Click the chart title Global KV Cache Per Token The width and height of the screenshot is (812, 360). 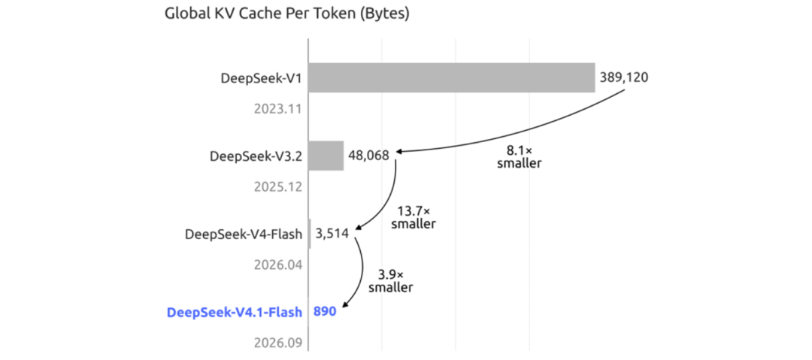(287, 14)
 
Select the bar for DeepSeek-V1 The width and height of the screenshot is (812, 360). (452, 77)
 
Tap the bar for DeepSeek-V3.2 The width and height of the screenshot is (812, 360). (326, 156)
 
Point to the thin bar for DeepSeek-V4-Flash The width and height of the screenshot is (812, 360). (310, 234)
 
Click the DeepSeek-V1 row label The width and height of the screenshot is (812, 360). (261, 78)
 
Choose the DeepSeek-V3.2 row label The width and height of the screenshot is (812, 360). (256, 156)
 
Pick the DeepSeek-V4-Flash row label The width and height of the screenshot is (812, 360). (244, 234)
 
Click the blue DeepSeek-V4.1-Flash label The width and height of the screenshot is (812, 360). (235, 313)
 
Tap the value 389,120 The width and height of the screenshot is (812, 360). (624, 77)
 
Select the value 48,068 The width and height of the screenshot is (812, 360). (368, 156)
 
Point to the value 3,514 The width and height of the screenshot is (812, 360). (332, 234)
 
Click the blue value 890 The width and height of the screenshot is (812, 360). (326, 312)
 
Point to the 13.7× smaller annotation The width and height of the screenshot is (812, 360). (414, 217)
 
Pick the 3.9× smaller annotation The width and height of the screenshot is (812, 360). (391, 281)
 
